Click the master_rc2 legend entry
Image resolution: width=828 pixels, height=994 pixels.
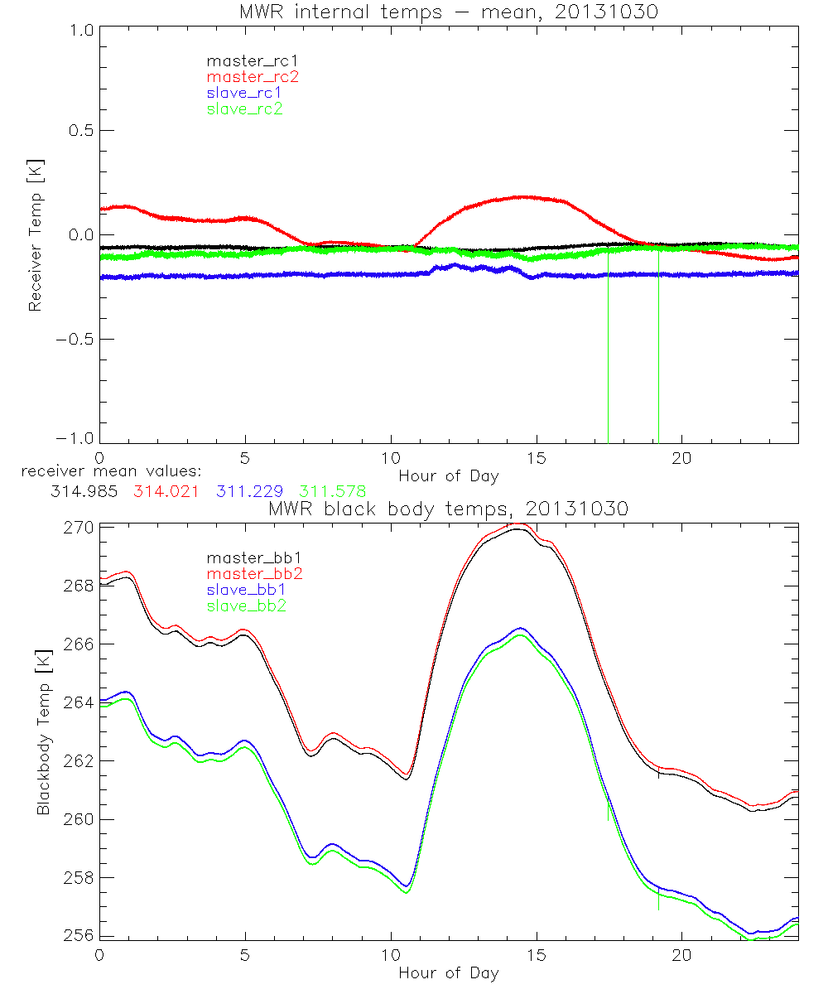[x=253, y=76]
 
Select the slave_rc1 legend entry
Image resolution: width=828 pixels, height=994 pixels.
[x=245, y=92]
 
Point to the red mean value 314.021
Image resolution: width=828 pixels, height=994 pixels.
[x=166, y=491]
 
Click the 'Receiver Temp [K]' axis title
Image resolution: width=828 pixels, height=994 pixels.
[x=35, y=236]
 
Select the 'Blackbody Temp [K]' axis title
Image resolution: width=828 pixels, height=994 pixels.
[x=43, y=731]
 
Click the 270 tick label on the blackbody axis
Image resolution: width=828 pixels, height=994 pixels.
[x=80, y=527]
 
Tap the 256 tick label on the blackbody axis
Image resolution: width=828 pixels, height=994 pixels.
[x=80, y=935]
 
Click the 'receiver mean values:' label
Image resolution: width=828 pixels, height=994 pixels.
[x=106, y=472]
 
